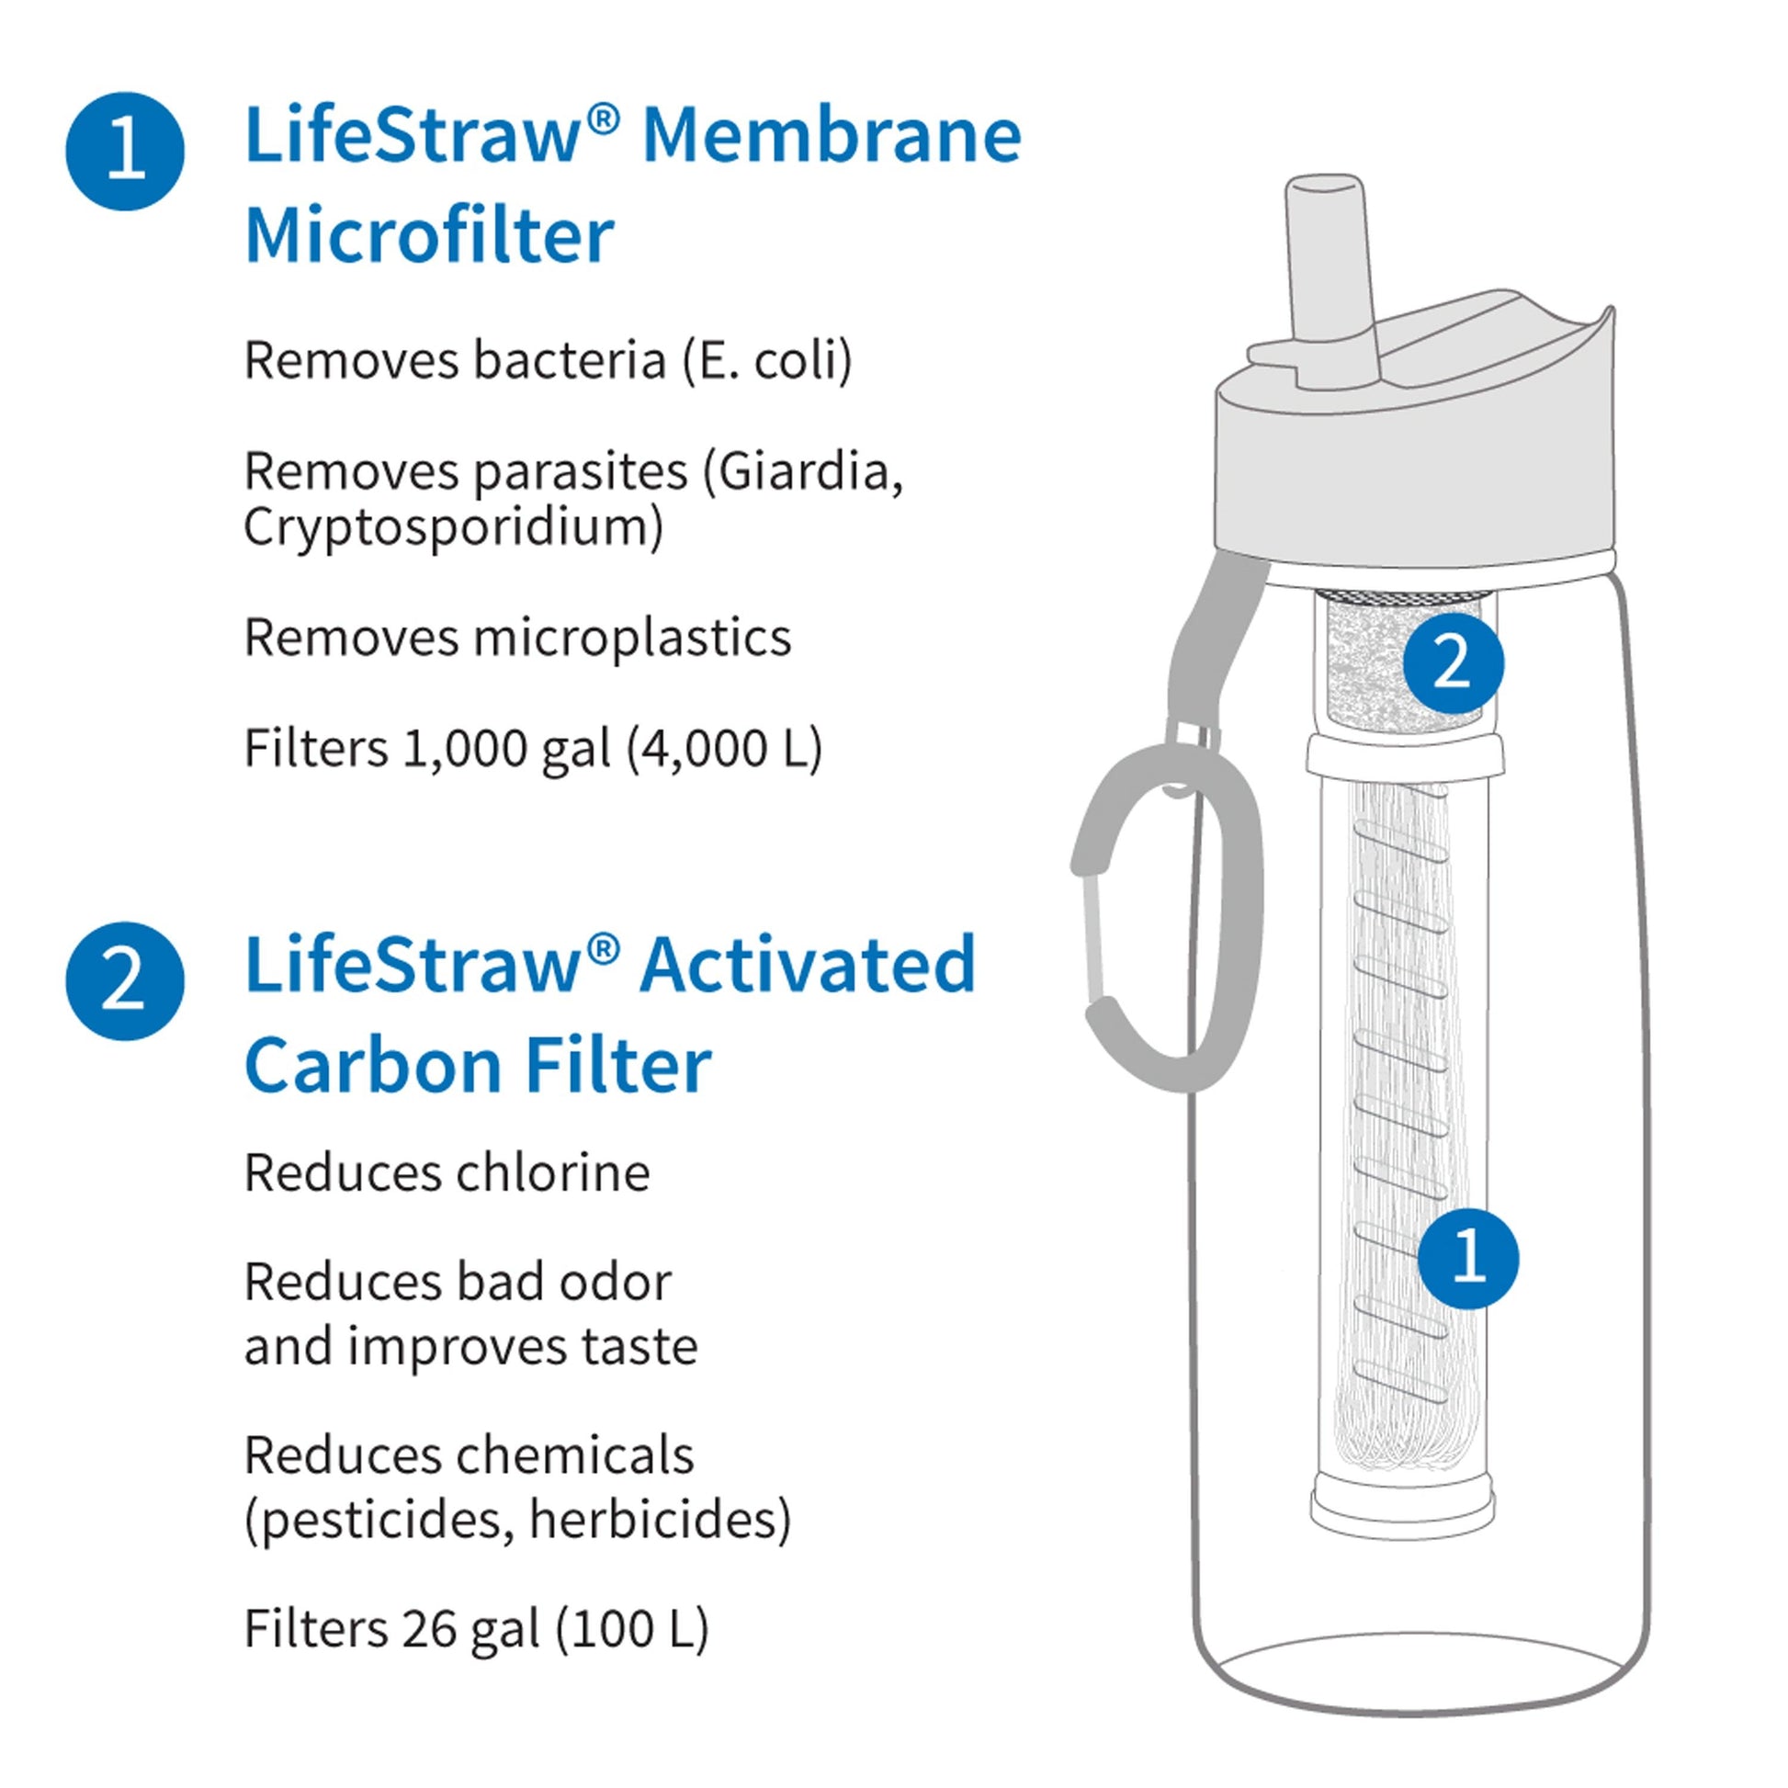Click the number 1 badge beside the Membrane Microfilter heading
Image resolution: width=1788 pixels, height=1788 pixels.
(125, 151)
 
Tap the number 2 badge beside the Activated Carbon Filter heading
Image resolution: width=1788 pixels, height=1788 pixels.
(125, 981)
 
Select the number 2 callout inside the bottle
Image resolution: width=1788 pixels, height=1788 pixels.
(1453, 663)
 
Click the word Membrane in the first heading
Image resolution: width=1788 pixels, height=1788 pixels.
(832, 135)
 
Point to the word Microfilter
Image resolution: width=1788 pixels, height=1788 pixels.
(429, 235)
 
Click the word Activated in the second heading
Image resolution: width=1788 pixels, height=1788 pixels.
(808, 965)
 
